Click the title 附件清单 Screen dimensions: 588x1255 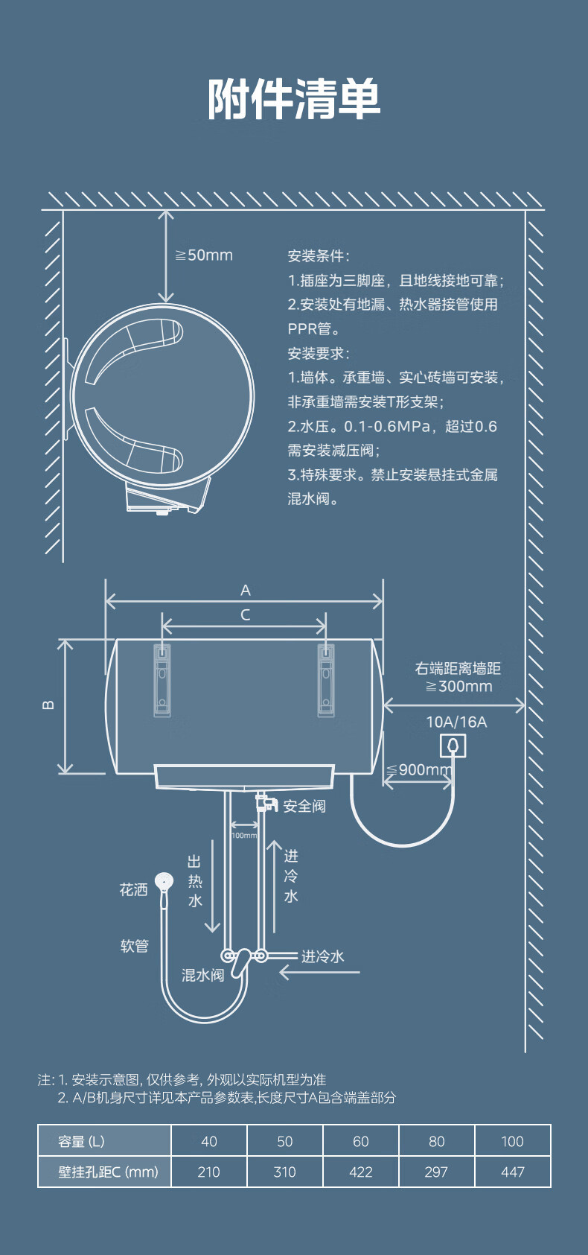pyautogui.click(x=294, y=98)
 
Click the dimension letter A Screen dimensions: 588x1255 pyautogui.click(x=246, y=590)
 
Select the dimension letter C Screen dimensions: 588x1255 pyautogui.click(x=246, y=614)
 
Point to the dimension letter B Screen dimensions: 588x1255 pyautogui.click(x=48, y=705)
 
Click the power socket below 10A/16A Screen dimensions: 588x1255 pyautogui.click(x=453, y=746)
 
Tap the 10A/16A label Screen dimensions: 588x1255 pyautogui.click(x=456, y=722)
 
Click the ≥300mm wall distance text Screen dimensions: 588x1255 pyautogui.click(x=459, y=686)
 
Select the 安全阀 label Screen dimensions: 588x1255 pyautogui.click(x=304, y=806)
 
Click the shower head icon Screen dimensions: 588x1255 pyautogui.click(x=164, y=880)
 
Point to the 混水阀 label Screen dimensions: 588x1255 pyautogui.click(x=202, y=976)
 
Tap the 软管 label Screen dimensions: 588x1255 pyautogui.click(x=135, y=947)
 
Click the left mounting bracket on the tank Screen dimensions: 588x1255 pyautogui.click(x=162, y=679)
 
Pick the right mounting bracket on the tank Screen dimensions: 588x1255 pyautogui.click(x=326, y=679)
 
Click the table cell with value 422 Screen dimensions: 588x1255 pyautogui.click(x=361, y=1172)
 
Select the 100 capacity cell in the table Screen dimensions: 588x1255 pyautogui.click(x=512, y=1141)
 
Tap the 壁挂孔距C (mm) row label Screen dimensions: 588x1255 pyautogui.click(x=108, y=1172)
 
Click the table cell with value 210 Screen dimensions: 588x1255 pyautogui.click(x=209, y=1172)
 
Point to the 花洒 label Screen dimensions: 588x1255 pyautogui.click(x=133, y=890)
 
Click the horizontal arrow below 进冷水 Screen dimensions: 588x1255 pyautogui.click(x=319, y=973)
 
